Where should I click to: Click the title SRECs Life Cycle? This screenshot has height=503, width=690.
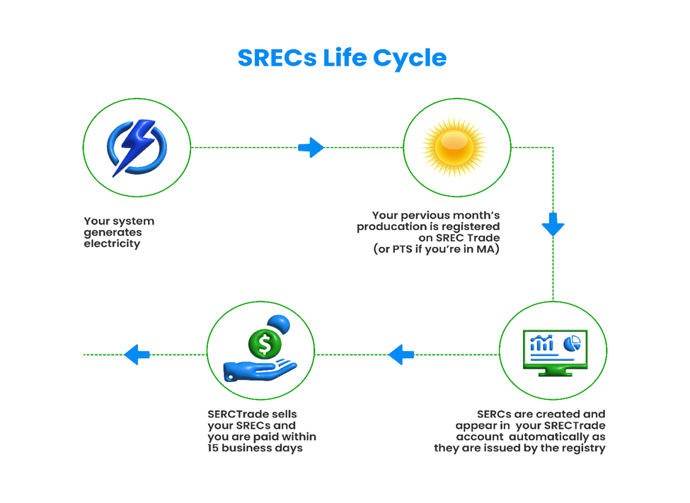coord(342,57)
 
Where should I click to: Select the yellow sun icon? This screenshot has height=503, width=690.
coord(456,148)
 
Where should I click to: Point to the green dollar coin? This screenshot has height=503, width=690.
coord(265,345)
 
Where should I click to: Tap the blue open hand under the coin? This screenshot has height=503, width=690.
coord(258,370)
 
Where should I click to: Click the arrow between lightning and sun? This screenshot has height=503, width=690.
coord(311,148)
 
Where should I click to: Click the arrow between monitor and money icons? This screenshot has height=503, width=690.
coord(401,354)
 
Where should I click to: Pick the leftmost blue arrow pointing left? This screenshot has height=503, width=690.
coord(137,354)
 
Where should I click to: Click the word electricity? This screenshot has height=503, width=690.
coord(112,244)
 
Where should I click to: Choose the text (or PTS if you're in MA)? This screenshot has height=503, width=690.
coord(436,250)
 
